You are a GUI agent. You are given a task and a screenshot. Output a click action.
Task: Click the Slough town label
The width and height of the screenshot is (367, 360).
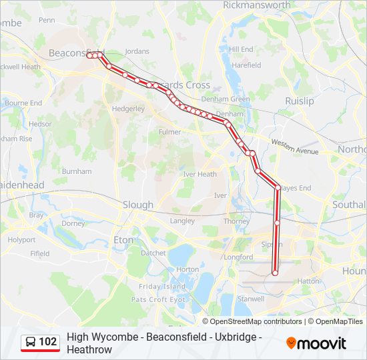[137, 205]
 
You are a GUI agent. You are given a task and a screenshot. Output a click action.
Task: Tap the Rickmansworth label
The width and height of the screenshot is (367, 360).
[257, 5]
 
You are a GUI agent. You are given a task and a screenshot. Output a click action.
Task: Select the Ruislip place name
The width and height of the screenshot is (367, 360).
[299, 101]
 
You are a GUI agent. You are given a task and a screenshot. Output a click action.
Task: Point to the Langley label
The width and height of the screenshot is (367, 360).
[182, 221]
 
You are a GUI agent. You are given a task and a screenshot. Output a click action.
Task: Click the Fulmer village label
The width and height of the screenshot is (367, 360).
[169, 132]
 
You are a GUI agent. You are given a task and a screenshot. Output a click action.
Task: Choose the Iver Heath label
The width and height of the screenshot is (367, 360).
[200, 174]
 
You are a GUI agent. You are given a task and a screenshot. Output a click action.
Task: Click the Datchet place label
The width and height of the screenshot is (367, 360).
[153, 253]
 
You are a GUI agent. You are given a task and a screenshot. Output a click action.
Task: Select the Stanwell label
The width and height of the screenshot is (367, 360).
[251, 299]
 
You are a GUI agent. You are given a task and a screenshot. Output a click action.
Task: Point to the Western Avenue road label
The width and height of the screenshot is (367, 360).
[295, 147]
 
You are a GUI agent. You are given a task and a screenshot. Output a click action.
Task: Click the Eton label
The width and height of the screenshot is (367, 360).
[124, 239]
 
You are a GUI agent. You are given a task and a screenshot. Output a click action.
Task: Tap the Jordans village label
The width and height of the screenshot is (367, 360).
[137, 51]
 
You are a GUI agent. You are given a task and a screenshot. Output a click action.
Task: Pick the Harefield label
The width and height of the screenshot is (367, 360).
[246, 65]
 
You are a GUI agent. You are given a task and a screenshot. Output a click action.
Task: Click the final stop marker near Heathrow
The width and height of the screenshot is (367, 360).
[275, 272]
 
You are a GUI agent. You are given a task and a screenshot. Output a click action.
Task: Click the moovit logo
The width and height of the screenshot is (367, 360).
[316, 343]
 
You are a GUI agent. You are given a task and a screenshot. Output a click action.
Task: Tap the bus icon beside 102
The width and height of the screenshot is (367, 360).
[31, 343]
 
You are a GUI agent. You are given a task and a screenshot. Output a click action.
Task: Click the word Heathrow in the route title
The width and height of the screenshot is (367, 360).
[89, 349]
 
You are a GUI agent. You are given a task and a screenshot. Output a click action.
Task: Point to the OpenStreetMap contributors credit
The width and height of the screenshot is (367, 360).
[256, 321]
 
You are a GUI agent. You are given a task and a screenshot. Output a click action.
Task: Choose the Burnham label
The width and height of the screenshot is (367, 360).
[76, 171]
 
